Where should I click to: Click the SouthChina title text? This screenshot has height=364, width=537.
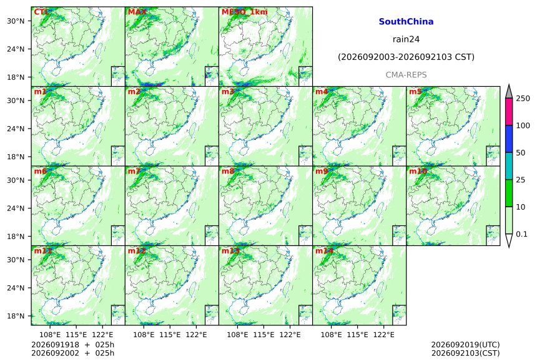(x=406, y=22)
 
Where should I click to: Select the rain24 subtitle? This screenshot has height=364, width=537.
(x=406, y=39)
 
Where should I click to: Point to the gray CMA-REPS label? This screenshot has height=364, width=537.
(x=406, y=75)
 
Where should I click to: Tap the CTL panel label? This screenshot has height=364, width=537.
(x=41, y=12)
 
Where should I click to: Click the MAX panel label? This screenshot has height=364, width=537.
(x=137, y=12)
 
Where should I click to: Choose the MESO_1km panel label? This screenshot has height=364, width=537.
(x=245, y=12)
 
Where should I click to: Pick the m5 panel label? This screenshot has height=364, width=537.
(x=415, y=92)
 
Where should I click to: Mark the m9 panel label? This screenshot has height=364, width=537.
(x=322, y=171)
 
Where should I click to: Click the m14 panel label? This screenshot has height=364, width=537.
(x=324, y=251)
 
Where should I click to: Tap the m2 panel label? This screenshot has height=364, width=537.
(x=134, y=92)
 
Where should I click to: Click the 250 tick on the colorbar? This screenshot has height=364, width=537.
(x=523, y=99)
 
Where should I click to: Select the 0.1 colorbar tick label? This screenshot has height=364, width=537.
(x=521, y=234)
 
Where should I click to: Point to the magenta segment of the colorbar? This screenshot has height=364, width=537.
(x=510, y=112)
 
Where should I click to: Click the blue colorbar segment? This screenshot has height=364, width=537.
(x=510, y=139)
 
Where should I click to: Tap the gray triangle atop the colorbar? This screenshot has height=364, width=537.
(x=510, y=92)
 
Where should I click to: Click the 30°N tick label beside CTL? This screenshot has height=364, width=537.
(x=16, y=21)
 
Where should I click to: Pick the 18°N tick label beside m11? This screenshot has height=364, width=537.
(x=16, y=316)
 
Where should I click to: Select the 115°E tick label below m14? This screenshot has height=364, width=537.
(x=358, y=335)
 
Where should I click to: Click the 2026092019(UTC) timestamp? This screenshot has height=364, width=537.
(x=465, y=345)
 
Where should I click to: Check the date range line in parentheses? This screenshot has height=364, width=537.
(x=406, y=57)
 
